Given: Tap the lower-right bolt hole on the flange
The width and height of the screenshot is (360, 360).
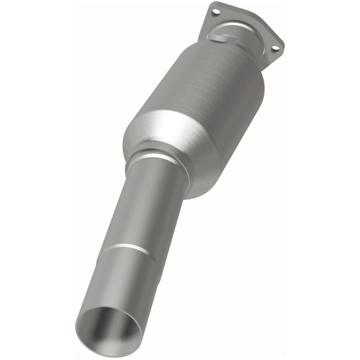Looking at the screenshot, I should (276, 48).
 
